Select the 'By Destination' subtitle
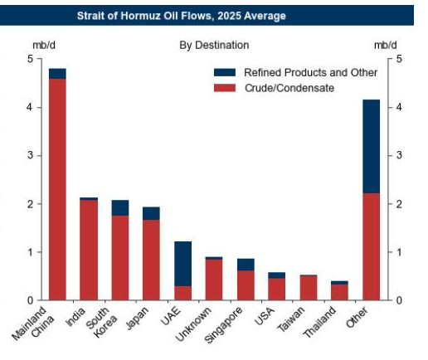[214, 45]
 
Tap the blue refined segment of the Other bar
[371, 146]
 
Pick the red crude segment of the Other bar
[371, 246]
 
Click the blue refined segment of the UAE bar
[182, 263]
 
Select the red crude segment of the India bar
[89, 250]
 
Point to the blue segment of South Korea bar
[120, 207]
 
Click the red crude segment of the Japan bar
[151, 260]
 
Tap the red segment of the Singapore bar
[246, 285]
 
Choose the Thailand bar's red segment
[340, 291]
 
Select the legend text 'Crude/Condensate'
[288, 88]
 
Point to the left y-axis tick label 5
[30, 59]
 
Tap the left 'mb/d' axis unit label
[42, 45]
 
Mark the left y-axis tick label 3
[30, 156]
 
